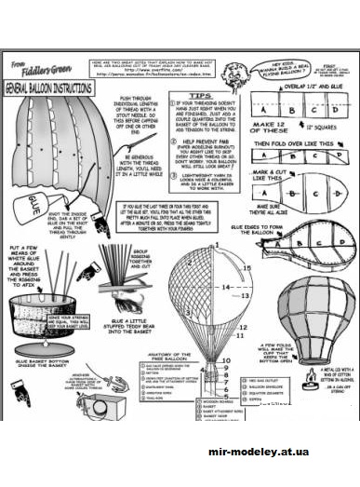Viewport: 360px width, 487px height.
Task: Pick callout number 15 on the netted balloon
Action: point(246,267)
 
